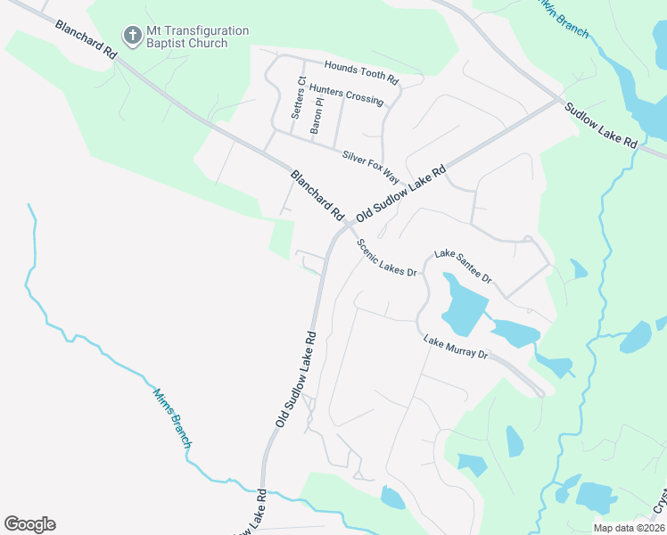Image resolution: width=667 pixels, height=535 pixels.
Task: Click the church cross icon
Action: tap(132, 36)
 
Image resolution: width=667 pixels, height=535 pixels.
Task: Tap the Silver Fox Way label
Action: tap(372, 167)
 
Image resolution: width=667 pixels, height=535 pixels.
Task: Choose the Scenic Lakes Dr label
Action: tap(387, 258)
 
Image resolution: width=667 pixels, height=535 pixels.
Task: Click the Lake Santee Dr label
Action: tap(463, 266)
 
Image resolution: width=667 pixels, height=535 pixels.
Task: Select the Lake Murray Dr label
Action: tap(456, 348)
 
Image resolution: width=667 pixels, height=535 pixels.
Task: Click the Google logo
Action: tap(29, 524)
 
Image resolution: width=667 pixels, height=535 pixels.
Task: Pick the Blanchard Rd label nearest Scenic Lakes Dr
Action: tap(317, 196)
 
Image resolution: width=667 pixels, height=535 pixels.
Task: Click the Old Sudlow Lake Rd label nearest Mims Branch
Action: tap(297, 380)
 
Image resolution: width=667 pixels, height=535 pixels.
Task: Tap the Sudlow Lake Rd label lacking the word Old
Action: tap(601, 125)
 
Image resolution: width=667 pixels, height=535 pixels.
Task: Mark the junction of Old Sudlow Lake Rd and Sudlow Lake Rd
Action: tap(560, 99)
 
